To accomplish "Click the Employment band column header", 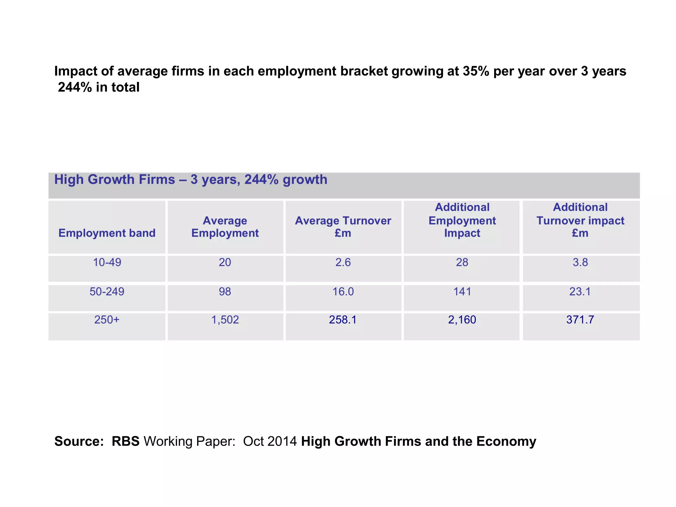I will [x=107, y=233].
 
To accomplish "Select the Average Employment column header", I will [x=225, y=227].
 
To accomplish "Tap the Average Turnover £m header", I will [x=343, y=227].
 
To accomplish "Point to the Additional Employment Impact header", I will [x=462, y=220].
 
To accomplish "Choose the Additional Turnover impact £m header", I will [x=580, y=220].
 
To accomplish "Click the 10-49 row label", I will [x=107, y=262].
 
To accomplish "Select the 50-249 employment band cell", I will [x=107, y=291].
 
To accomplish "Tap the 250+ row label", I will [x=107, y=320].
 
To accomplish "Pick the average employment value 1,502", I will [x=225, y=320].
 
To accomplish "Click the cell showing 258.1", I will [x=343, y=320].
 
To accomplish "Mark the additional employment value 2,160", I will [x=462, y=320].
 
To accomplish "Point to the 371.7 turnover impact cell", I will [x=580, y=320].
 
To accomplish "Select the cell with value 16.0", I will [x=343, y=291].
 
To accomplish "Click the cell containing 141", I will [x=462, y=291].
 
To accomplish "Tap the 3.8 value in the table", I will [x=580, y=262].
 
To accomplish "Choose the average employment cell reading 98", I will [x=225, y=291].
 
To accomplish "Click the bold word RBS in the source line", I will [x=125, y=441].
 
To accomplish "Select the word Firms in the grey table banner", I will [x=157, y=180].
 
